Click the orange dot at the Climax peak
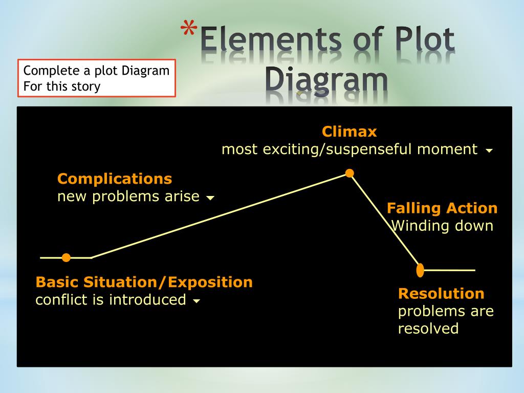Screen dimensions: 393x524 (350, 173)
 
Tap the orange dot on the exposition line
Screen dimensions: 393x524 (66, 257)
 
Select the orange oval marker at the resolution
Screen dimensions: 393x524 (420, 270)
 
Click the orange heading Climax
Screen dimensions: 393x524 (349, 132)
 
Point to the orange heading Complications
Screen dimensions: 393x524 (115, 179)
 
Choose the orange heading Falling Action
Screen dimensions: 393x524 (442, 208)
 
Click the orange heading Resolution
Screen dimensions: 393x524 (441, 294)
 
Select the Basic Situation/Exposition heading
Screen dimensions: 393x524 (144, 282)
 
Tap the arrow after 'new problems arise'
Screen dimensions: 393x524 (210, 198)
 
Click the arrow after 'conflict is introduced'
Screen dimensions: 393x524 (196, 301)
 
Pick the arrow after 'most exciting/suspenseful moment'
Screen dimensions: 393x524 (489, 151)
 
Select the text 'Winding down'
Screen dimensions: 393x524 (442, 226)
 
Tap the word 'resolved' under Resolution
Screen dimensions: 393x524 (428, 329)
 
